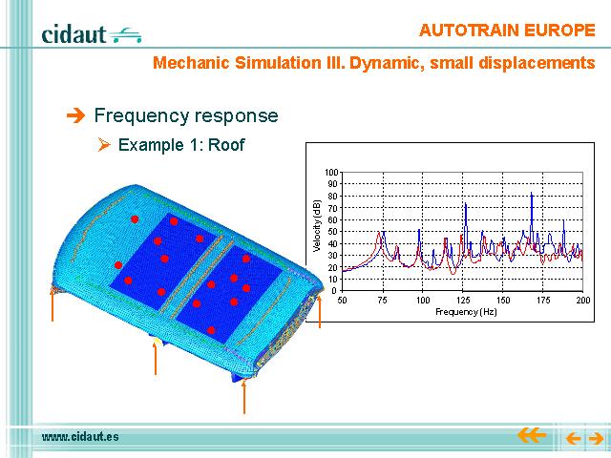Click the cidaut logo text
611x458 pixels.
(74, 34)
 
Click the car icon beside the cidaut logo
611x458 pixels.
(125, 35)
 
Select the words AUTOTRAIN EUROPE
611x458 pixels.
(507, 31)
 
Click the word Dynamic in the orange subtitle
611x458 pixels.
(387, 63)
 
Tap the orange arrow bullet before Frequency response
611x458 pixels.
(75, 115)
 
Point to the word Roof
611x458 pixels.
(226, 145)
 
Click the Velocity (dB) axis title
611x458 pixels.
(316, 226)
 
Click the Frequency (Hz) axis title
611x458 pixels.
(466, 312)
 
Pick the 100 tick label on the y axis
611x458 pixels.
(331, 172)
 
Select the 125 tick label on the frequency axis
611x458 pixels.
(463, 300)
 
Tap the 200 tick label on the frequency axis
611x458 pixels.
(583, 300)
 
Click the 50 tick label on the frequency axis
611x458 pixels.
(342, 300)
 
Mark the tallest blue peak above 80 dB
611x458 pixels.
(532, 193)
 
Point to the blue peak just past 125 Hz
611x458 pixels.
(466, 203)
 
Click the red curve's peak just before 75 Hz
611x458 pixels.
(379, 233)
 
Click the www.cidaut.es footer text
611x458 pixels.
(80, 437)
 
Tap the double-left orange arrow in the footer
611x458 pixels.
(531, 435)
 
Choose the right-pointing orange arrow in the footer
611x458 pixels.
(596, 439)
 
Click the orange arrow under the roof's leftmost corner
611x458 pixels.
(53, 304)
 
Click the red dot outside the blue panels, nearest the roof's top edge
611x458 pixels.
(135, 219)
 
